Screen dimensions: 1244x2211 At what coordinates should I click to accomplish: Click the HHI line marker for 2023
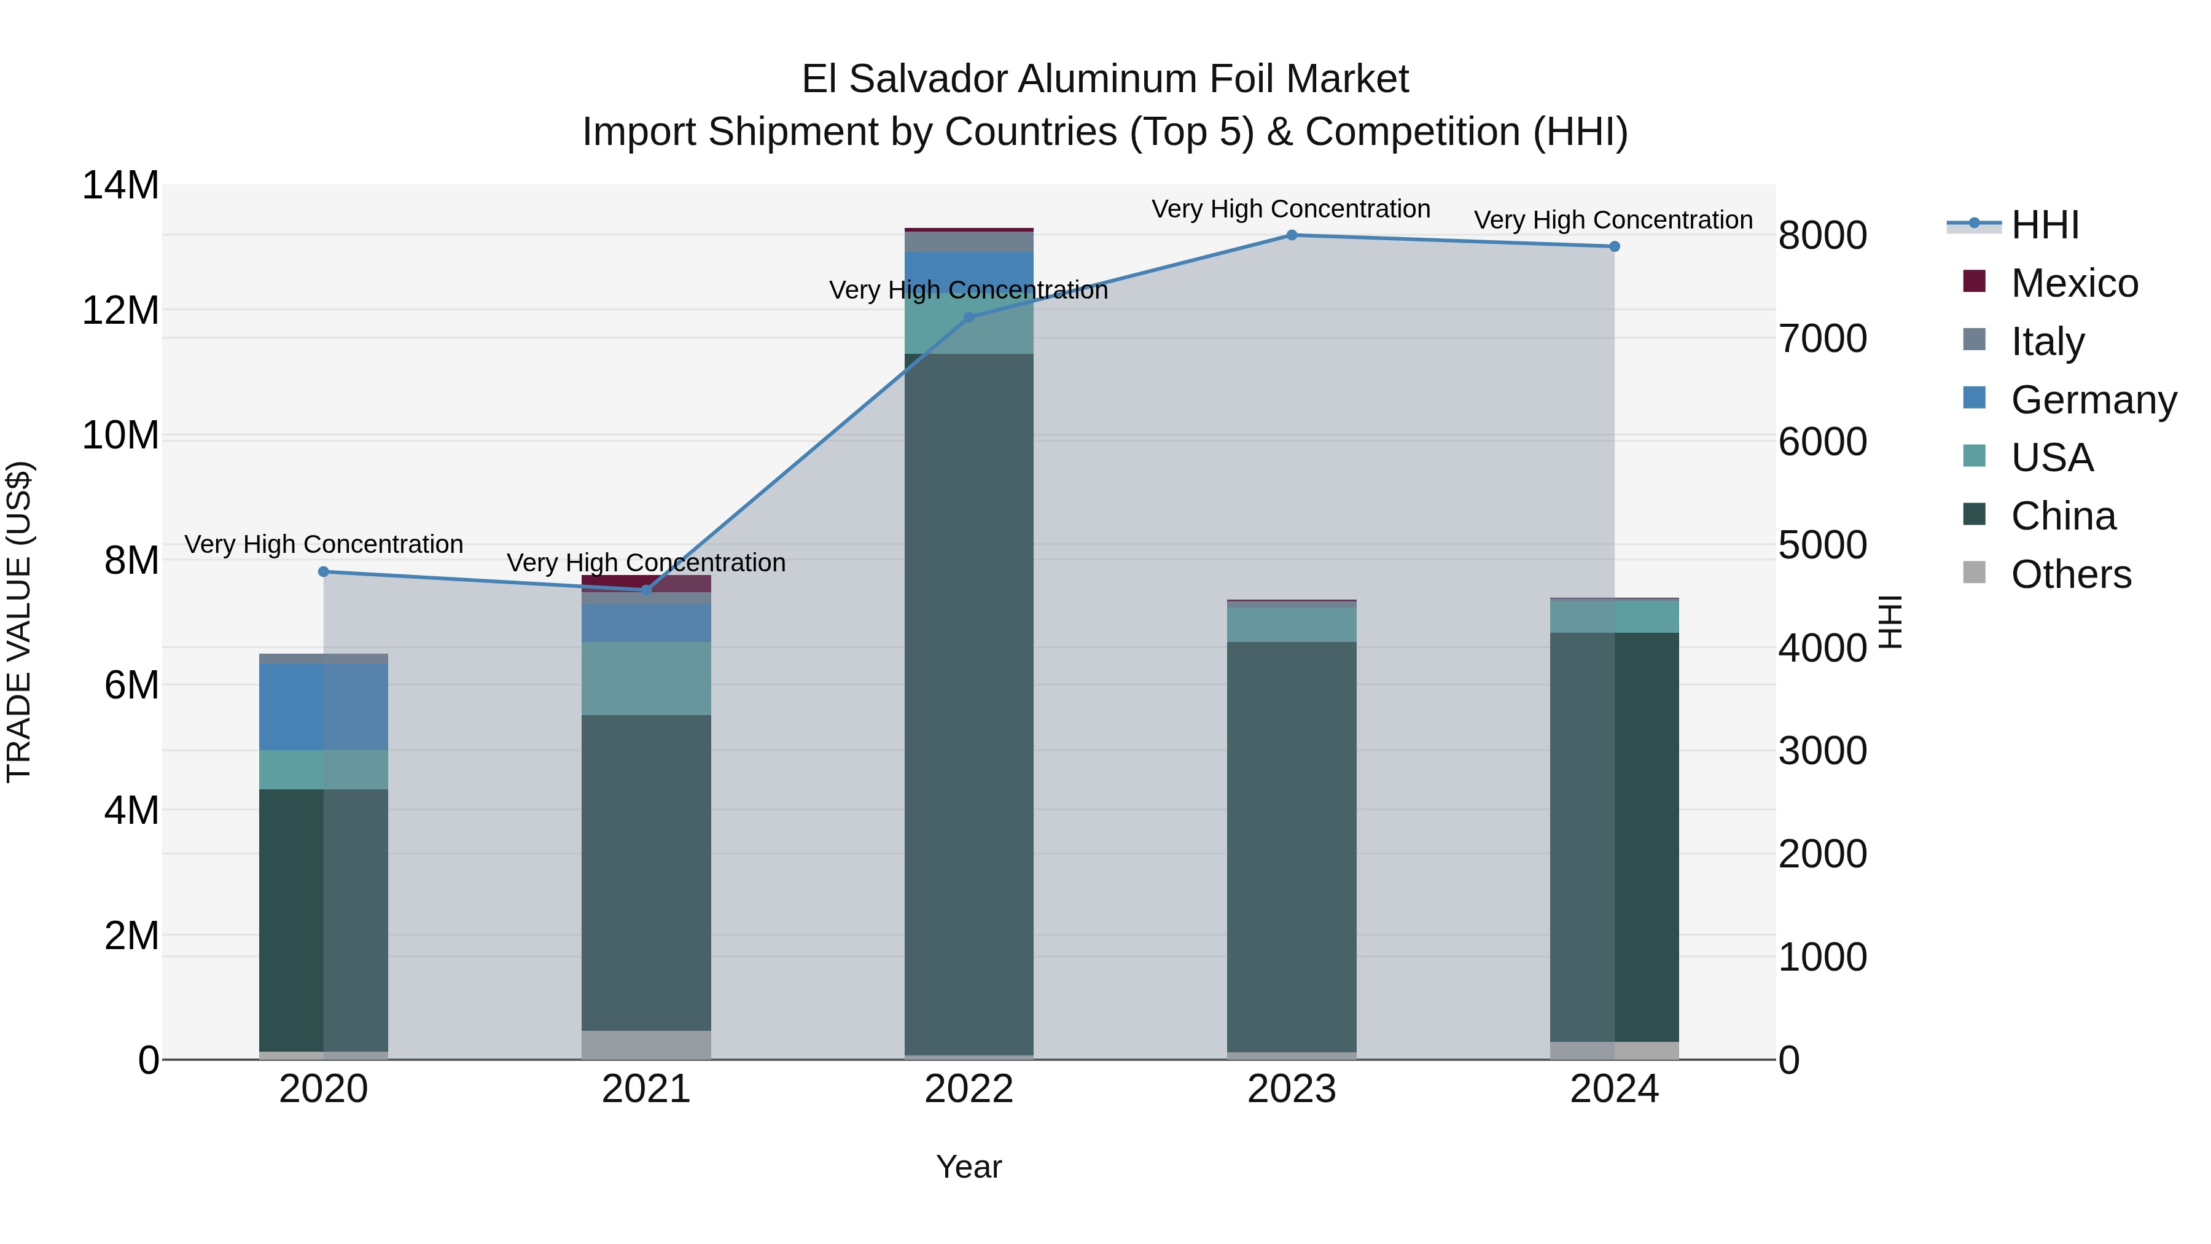(x=1291, y=235)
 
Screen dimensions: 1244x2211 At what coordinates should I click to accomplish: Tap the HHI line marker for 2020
(x=324, y=572)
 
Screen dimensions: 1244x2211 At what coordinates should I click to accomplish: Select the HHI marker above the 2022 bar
(x=969, y=318)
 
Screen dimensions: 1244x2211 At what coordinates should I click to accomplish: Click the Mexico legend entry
(x=2073, y=283)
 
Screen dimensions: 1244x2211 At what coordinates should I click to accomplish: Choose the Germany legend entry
(x=2092, y=400)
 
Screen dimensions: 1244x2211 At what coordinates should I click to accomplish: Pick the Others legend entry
(x=2070, y=574)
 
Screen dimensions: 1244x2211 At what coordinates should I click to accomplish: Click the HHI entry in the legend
(x=2045, y=225)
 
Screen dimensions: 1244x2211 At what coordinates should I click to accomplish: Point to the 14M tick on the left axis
(x=120, y=186)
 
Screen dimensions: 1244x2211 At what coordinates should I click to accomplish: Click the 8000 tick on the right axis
(x=1822, y=236)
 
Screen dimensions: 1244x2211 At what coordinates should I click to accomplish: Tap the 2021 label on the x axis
(x=645, y=1089)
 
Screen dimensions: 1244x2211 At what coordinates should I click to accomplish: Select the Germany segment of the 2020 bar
(x=324, y=706)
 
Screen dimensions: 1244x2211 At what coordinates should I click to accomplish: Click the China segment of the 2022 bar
(x=969, y=704)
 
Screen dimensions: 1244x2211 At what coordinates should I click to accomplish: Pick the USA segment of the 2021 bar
(x=646, y=678)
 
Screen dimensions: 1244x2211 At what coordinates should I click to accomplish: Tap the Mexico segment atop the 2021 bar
(x=646, y=582)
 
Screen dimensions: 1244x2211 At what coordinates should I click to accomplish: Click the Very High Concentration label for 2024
(x=1613, y=221)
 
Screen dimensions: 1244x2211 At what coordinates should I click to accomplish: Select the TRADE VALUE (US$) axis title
(x=19, y=622)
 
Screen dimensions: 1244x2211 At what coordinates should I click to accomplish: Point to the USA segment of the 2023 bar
(x=1291, y=625)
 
